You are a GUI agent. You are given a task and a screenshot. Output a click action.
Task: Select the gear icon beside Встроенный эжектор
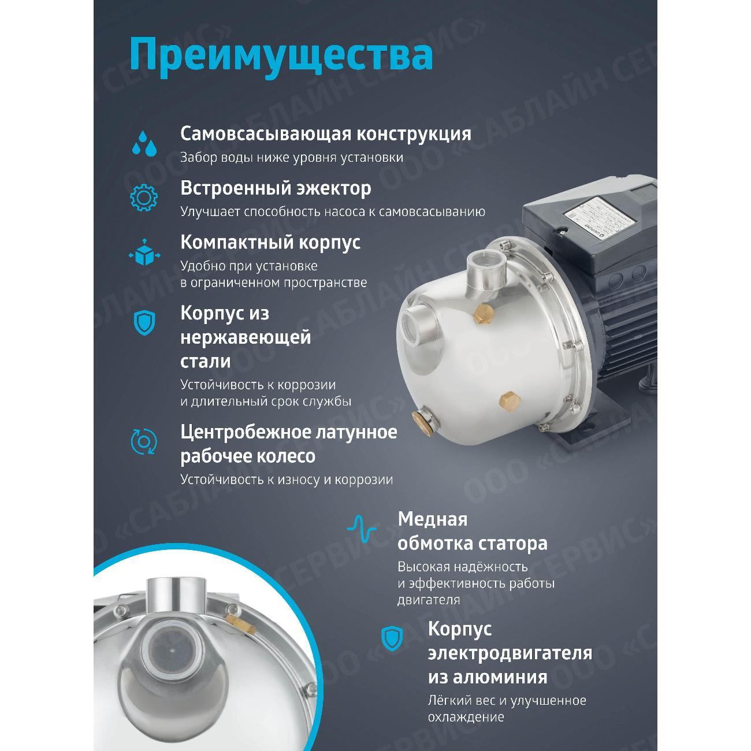[x=143, y=197]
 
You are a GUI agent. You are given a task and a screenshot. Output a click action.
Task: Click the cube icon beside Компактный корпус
[x=143, y=252]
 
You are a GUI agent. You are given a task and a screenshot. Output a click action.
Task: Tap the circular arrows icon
[x=143, y=441]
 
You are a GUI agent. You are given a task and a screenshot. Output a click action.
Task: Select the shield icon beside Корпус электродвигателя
[x=391, y=638]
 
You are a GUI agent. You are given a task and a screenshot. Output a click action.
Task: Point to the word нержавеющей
[x=246, y=337]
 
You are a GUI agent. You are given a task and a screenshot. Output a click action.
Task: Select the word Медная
[x=432, y=519]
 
